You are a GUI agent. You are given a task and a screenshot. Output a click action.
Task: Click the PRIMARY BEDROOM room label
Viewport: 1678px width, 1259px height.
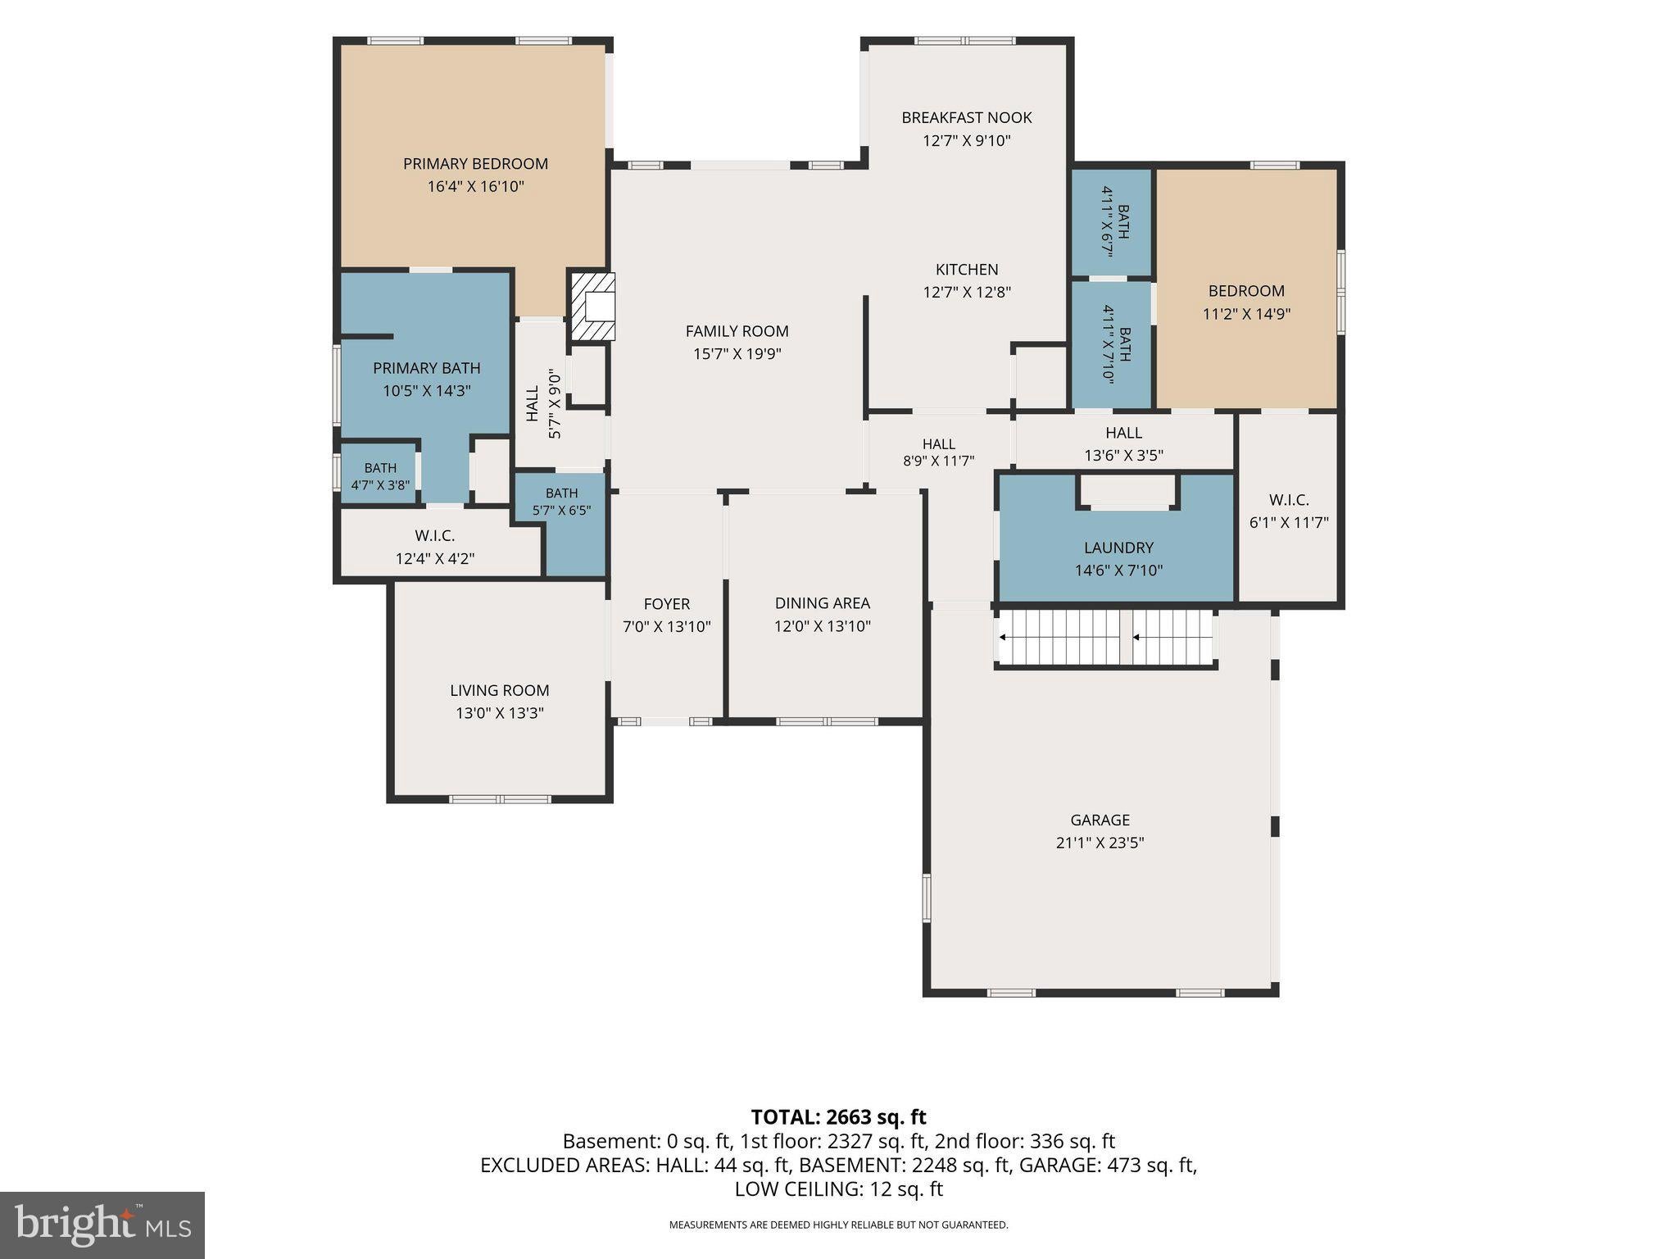pyautogui.click(x=475, y=164)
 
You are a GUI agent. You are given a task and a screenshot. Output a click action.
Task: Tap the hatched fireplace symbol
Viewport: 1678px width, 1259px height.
pyautogui.click(x=592, y=307)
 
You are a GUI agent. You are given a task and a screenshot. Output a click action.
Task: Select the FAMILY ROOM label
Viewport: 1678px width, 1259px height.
pyautogui.click(x=737, y=331)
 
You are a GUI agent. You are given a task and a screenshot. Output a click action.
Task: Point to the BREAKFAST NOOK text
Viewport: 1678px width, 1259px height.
pyautogui.click(x=967, y=118)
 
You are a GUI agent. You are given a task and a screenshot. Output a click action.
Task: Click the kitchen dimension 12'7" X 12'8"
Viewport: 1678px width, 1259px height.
pyautogui.click(x=967, y=293)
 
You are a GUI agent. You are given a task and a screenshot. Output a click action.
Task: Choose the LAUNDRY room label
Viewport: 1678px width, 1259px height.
pyautogui.click(x=1118, y=548)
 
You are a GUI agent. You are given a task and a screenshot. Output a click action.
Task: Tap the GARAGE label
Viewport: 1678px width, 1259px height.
pyautogui.click(x=1100, y=820)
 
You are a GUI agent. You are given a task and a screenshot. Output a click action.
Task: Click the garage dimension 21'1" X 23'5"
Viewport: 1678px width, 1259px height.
pyautogui.click(x=1100, y=843)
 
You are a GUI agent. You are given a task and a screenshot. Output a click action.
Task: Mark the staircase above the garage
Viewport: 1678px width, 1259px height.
pyautogui.click(x=1105, y=638)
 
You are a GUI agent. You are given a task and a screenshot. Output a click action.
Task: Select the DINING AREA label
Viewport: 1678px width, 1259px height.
pyautogui.click(x=823, y=603)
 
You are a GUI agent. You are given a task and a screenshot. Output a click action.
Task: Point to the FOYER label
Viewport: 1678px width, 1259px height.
pyautogui.click(x=667, y=604)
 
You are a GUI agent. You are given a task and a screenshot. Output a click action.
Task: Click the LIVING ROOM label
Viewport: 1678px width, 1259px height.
pyautogui.click(x=500, y=691)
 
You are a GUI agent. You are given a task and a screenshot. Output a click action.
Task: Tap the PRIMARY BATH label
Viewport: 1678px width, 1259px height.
pyautogui.click(x=427, y=369)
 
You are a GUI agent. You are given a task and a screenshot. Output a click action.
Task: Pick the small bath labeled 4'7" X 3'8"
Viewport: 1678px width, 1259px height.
pyautogui.click(x=380, y=476)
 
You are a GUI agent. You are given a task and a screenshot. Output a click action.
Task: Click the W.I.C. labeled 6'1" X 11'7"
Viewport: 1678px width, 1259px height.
pyautogui.click(x=1289, y=511)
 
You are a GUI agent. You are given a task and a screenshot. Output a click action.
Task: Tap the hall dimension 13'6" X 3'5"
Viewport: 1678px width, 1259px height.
pyautogui.click(x=1123, y=456)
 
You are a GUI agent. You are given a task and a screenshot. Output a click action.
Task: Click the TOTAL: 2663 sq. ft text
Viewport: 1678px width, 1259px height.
pyautogui.click(x=838, y=1117)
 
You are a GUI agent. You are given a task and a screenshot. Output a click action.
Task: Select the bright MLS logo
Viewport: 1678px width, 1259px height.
pyautogui.click(x=102, y=1225)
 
